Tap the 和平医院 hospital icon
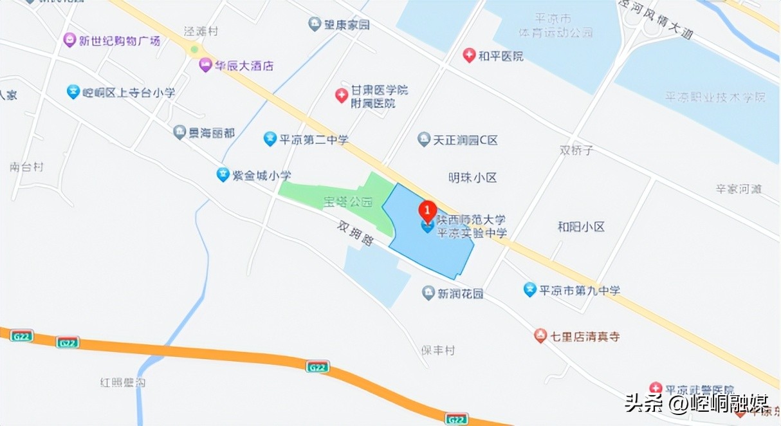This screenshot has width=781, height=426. pyautogui.click(x=469, y=56)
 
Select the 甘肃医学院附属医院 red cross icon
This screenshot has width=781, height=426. pyautogui.click(x=341, y=96)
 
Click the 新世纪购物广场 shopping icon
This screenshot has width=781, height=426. pyautogui.click(x=69, y=41)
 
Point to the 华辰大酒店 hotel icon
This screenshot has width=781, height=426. pyautogui.click(x=205, y=65)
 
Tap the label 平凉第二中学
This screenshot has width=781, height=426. pyautogui.click(x=314, y=139)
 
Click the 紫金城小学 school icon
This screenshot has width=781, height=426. pyautogui.click(x=223, y=174)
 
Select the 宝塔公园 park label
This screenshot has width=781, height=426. pyautogui.click(x=347, y=202)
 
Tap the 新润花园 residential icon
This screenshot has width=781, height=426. pyautogui.click(x=428, y=293)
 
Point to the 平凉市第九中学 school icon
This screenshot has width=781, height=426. pyautogui.click(x=529, y=290)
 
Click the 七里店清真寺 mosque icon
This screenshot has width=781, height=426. pyautogui.click(x=540, y=336)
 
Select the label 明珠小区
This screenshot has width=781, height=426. pyautogui.click(x=473, y=178)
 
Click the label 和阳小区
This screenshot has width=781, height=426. pyautogui.click(x=582, y=227)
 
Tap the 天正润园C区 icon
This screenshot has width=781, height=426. pyautogui.click(x=423, y=139)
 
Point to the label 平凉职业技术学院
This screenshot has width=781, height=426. pyautogui.click(x=715, y=97)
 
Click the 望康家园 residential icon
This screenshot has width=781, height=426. pyautogui.click(x=314, y=24)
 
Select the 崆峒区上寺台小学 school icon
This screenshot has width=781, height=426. pyautogui.click(x=73, y=92)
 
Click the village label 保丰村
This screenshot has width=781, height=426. pyautogui.click(x=438, y=351)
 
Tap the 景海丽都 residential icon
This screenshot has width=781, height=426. pyautogui.click(x=179, y=133)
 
